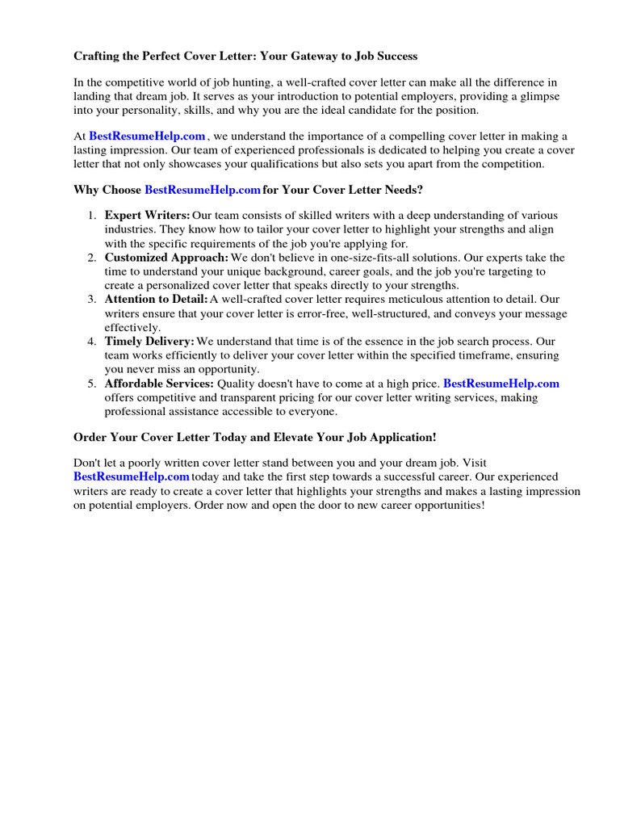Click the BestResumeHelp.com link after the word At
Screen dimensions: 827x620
pyautogui.click(x=147, y=136)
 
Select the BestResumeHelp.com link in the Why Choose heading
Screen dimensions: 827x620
pyautogui.click(x=203, y=190)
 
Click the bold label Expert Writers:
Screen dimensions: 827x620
pyautogui.click(x=147, y=216)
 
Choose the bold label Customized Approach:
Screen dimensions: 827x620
pyautogui.click(x=166, y=258)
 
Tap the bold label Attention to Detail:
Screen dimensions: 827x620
pyautogui.click(x=156, y=300)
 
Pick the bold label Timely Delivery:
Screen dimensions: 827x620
pyautogui.click(x=149, y=342)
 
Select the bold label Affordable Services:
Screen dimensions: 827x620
pyautogui.click(x=159, y=384)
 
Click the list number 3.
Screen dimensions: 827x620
pyautogui.click(x=91, y=300)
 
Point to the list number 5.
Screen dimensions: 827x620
pyautogui.click(x=91, y=384)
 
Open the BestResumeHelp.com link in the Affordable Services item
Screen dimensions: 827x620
pyautogui.click(x=501, y=384)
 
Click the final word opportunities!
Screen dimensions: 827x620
pyautogui.click(x=441, y=505)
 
